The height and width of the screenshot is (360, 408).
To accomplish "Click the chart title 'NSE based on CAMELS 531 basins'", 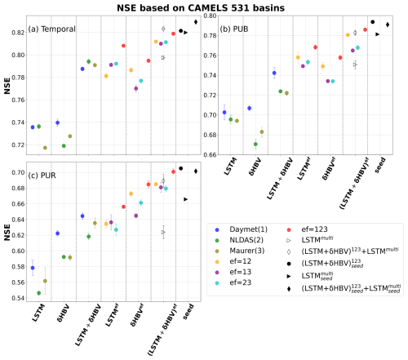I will [x=204, y=7].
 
